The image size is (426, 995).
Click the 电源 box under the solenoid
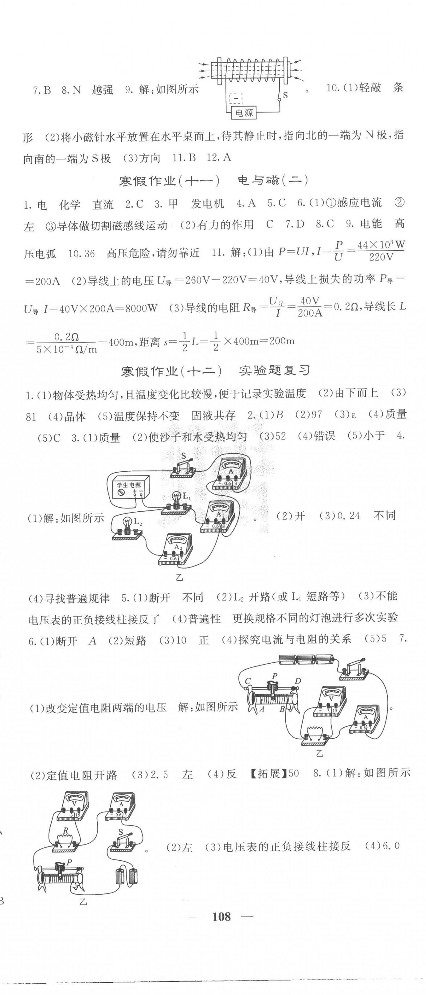coord(244,113)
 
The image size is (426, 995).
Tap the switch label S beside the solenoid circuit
coord(285,95)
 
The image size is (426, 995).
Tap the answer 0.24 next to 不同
coord(348,516)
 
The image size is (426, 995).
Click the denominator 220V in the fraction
coord(381,257)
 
